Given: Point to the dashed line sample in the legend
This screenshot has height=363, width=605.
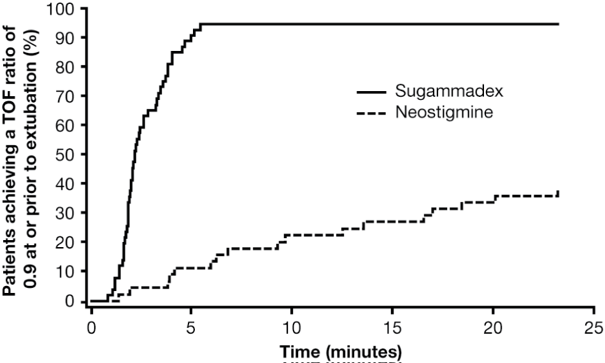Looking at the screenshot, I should (371, 113).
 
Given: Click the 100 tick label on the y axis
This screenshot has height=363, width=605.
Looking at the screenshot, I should (62, 9).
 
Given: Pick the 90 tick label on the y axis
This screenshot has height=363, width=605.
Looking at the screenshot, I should (66, 38).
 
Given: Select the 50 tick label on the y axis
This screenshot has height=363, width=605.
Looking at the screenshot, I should (66, 155).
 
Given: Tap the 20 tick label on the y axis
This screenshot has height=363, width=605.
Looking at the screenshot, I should (66, 243).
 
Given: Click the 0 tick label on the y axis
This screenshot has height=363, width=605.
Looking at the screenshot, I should (71, 301).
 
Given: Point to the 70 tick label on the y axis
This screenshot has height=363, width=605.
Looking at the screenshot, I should (66, 97).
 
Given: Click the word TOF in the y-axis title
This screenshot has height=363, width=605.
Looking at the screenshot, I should (14, 127).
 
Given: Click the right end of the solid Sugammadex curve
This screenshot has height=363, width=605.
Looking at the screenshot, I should (559, 24).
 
